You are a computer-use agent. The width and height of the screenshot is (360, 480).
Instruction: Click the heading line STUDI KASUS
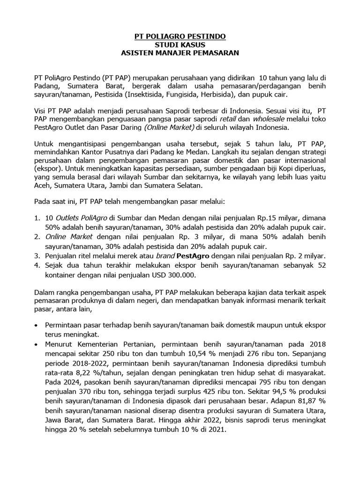[180, 45]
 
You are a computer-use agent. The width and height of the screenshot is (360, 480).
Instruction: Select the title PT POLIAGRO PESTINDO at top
[180, 36]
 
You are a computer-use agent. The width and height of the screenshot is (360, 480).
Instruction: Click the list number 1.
[37, 218]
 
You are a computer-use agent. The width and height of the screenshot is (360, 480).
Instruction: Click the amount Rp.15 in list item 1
[256, 218]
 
